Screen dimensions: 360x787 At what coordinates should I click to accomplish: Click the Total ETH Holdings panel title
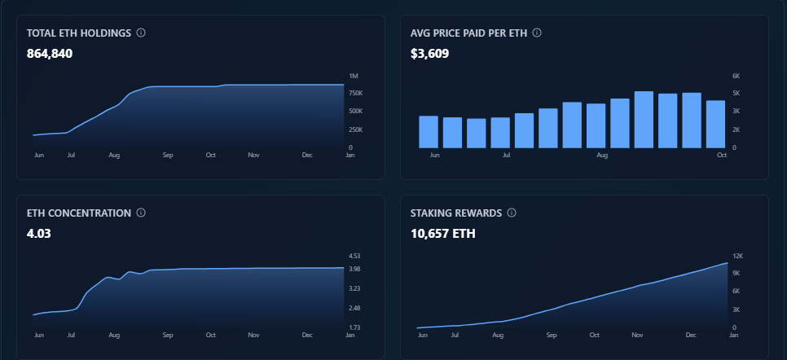79,33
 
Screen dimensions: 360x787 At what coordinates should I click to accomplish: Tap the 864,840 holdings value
51,54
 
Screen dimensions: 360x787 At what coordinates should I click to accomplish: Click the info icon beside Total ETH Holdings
141,33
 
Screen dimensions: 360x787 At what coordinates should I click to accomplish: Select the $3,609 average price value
429,54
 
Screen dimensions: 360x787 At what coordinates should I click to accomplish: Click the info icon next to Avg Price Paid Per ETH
537,33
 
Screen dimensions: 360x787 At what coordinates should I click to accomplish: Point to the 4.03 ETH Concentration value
38,234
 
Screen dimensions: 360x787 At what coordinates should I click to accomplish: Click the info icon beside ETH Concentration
141,213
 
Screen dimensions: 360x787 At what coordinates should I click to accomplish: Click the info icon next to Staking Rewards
512,213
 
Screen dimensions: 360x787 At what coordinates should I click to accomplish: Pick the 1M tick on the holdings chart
353,76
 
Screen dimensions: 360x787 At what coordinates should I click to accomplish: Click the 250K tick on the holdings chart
355,130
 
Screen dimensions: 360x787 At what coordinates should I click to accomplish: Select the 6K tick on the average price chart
736,76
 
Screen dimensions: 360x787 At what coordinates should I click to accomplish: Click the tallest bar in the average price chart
644,120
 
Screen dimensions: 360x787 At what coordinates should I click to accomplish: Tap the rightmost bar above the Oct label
715,124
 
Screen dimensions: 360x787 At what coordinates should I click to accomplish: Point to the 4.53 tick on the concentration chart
354,256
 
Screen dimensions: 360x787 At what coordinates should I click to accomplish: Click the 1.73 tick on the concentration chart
354,327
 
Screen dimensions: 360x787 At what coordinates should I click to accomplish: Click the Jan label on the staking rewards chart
733,335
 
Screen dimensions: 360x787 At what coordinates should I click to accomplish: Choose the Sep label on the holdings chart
168,155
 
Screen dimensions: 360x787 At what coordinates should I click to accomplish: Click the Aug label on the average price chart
602,155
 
